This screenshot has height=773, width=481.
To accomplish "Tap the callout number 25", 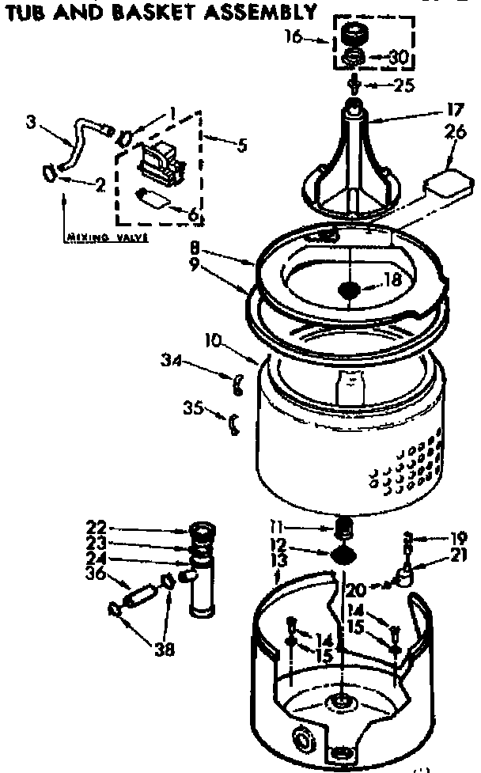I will [404, 85].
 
